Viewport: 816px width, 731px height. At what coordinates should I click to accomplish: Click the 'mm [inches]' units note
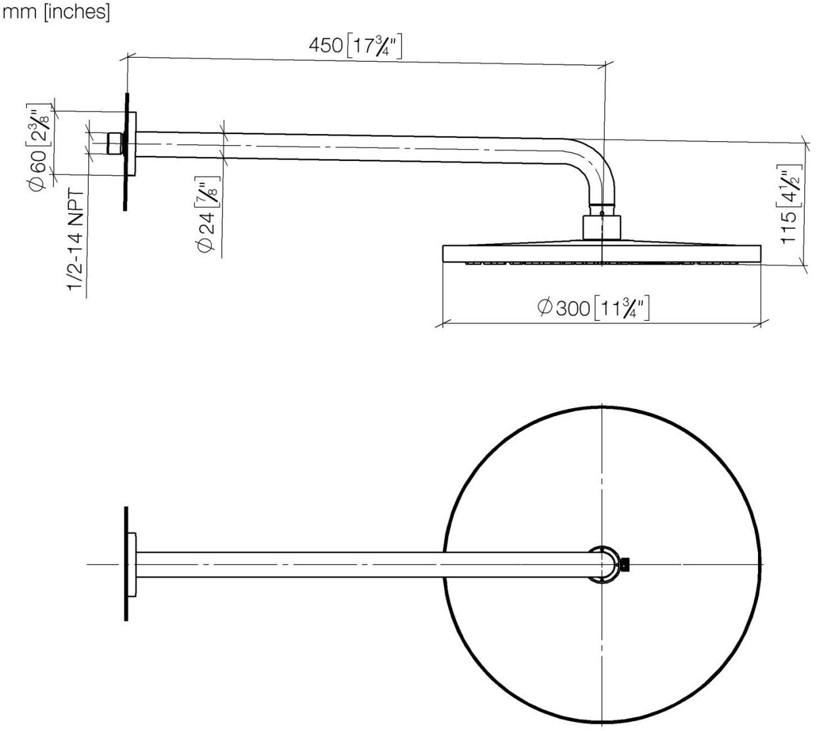click(57, 12)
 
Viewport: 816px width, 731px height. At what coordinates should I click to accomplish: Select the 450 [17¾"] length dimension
click(355, 47)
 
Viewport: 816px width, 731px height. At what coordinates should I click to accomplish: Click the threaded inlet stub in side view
click(115, 143)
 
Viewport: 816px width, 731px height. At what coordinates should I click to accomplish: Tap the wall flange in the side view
click(132, 144)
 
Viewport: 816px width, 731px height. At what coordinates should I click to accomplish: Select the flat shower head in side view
click(601, 254)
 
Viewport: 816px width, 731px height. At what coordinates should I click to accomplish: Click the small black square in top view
click(626, 563)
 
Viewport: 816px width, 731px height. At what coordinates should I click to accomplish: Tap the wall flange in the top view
click(132, 564)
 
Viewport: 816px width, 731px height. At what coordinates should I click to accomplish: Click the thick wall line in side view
click(124, 151)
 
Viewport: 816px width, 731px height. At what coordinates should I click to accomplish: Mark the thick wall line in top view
click(125, 564)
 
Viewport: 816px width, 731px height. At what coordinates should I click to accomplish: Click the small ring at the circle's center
click(603, 564)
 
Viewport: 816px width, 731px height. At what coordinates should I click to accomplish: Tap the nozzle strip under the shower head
click(601, 264)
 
